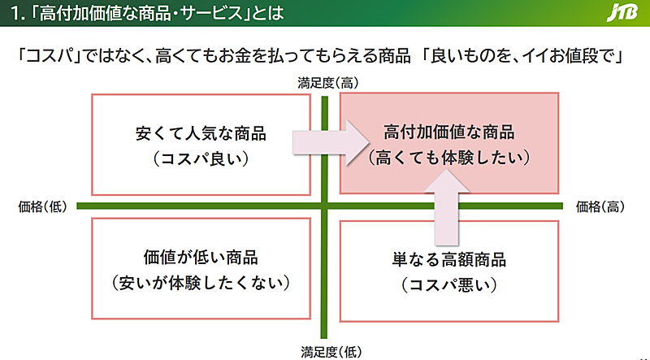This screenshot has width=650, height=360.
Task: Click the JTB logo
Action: point(622,13)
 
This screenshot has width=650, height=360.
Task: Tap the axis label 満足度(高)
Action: point(328,83)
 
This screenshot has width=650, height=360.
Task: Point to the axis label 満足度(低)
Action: point(331,352)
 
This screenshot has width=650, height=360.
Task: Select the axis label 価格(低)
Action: point(43,206)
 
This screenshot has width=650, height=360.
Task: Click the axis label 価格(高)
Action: point(600,206)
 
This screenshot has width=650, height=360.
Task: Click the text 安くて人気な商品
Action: point(201,133)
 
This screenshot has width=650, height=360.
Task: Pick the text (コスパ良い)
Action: point(201,158)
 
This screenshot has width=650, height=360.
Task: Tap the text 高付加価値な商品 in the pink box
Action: point(449,132)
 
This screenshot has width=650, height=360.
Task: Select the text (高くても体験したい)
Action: point(449,158)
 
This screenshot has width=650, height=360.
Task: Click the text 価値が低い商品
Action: point(201,257)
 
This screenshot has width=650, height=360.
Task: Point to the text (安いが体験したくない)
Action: point(201,283)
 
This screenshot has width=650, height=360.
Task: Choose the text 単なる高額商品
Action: point(449,259)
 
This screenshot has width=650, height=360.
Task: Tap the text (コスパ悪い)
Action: point(449,285)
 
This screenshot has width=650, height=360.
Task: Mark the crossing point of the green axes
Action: point(324,206)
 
